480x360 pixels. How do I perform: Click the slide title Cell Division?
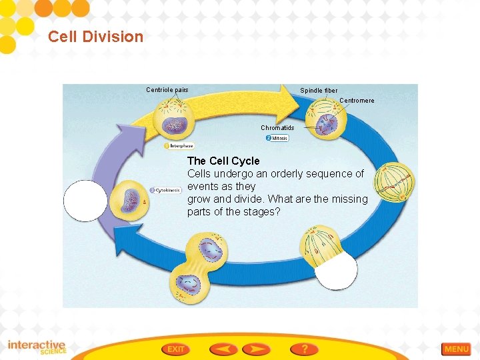tap(95, 37)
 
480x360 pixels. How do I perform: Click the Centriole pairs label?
tap(167, 90)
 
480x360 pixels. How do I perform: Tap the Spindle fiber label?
tap(319, 91)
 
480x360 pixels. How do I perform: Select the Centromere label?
tap(357, 101)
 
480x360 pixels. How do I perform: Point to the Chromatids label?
tap(277, 128)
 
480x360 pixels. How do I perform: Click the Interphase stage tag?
tap(179, 145)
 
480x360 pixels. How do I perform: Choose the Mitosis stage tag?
tap(277, 139)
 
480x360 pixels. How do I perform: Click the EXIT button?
tap(175, 349)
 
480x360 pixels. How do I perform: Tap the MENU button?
tap(457, 349)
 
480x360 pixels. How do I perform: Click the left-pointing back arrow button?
tap(223, 349)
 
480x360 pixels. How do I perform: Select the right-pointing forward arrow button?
tap(256, 349)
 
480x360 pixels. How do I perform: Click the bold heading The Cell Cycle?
tap(223, 161)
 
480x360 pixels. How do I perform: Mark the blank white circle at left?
tap(85, 201)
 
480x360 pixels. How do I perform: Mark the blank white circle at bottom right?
tap(336, 270)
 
